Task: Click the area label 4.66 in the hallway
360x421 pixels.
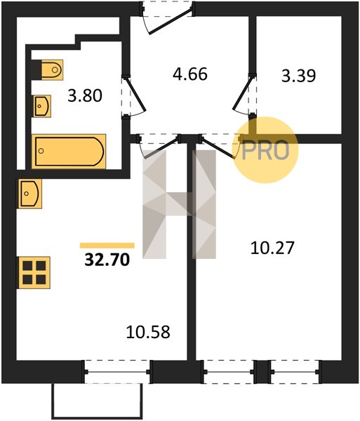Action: tap(190, 74)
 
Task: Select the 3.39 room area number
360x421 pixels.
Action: tap(298, 76)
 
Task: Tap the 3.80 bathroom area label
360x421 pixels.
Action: tap(85, 96)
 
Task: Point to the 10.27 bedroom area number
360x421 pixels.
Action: tap(272, 248)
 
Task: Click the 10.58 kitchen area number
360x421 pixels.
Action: tap(148, 332)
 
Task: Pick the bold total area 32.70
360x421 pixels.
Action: tap(107, 260)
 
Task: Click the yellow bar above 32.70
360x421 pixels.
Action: tap(107, 246)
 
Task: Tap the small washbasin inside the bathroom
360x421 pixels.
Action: tap(42, 106)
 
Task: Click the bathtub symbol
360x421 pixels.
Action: tap(69, 151)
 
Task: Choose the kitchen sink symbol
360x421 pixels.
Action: tap(30, 194)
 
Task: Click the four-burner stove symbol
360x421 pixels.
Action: tap(34, 272)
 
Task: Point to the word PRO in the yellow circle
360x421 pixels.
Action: tap(265, 151)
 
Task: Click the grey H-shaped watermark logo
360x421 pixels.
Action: tap(180, 204)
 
